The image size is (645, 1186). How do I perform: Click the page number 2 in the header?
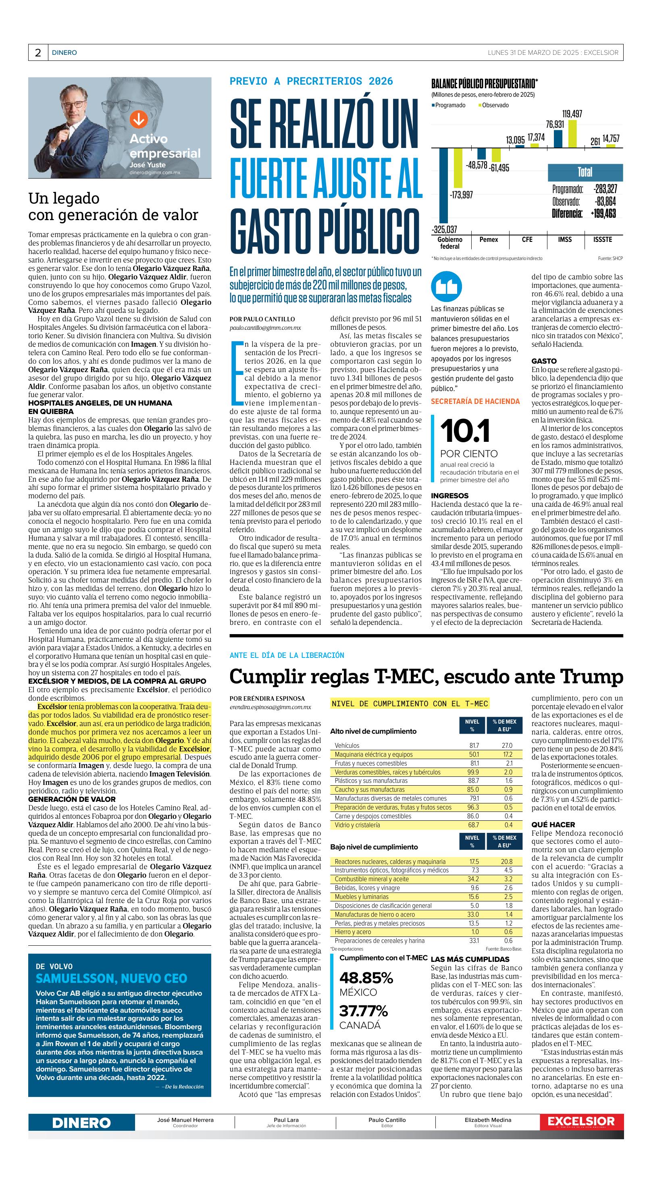coord(38,53)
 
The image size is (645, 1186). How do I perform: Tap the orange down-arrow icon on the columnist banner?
coord(138,120)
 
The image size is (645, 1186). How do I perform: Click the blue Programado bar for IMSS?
coord(558,139)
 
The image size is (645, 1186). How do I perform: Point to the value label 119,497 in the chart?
coord(572,114)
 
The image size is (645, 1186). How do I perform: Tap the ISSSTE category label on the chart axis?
coord(603,239)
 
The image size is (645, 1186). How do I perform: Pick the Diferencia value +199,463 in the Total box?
coord(603,214)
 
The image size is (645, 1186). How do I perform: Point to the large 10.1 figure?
coord(465,431)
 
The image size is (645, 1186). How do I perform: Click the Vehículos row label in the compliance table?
coord(347,745)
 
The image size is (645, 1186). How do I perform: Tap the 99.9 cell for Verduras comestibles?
coord(473,772)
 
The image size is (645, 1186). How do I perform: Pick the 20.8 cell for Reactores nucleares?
coord(508,861)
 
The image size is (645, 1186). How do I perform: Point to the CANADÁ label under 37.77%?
coord(360,1025)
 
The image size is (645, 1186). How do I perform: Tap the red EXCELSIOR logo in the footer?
coord(581,1121)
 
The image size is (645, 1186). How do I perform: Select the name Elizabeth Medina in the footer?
coord(487,1119)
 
